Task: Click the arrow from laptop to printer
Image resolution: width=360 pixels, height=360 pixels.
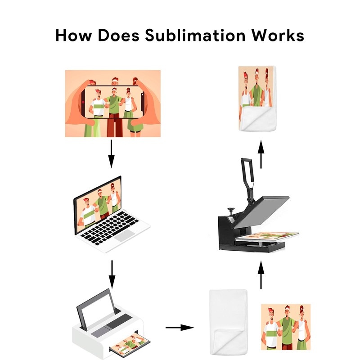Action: [112, 273]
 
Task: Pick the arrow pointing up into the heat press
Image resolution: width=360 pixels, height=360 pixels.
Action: [261, 275]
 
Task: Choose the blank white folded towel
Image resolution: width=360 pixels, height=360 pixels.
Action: [229, 320]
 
